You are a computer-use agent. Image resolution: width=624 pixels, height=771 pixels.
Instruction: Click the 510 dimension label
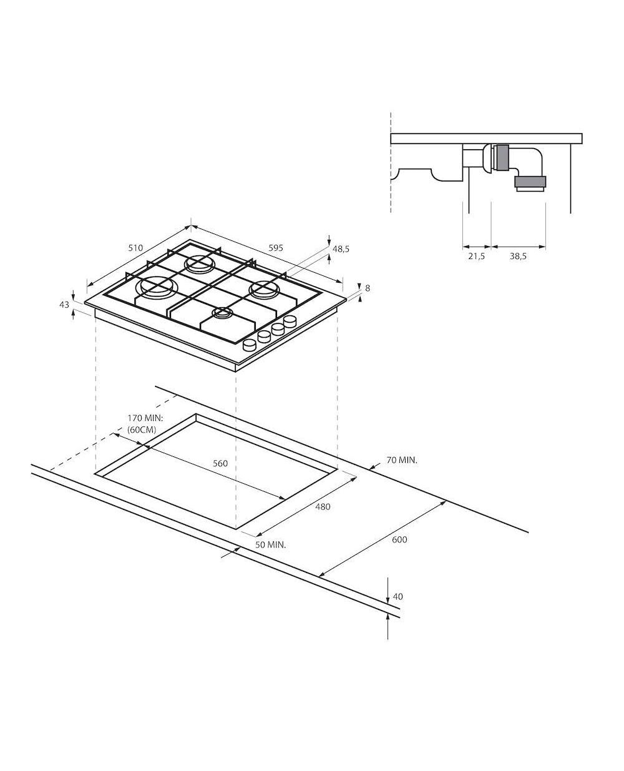pyautogui.click(x=135, y=248)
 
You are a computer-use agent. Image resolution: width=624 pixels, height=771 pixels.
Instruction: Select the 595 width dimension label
pyautogui.click(x=276, y=248)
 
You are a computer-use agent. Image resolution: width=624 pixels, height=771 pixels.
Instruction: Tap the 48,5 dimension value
pyautogui.click(x=341, y=249)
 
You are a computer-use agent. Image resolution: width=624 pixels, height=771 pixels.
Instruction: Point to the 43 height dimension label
pyautogui.click(x=64, y=305)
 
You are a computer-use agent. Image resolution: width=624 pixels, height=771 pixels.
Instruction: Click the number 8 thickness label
pyautogui.click(x=368, y=288)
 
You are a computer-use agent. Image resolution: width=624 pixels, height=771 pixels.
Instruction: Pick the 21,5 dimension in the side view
pyautogui.click(x=476, y=257)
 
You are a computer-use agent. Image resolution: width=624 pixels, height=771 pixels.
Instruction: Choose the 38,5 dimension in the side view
pyautogui.click(x=518, y=257)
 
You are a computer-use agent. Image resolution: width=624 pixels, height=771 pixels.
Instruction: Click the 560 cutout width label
pyautogui.click(x=220, y=463)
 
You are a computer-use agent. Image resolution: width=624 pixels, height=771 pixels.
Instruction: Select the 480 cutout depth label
pyautogui.click(x=323, y=507)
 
